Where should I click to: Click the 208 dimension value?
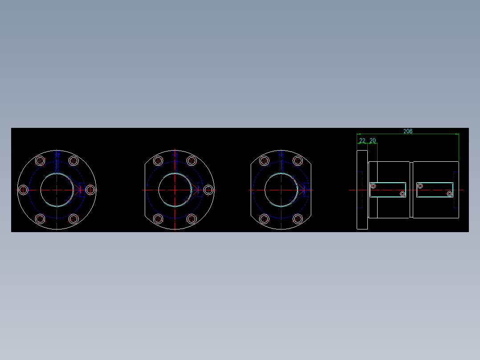pos(407,131)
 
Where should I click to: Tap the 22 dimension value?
pos(362,141)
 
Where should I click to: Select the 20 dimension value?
pos(373,141)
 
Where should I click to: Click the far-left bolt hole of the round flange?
pos(24,190)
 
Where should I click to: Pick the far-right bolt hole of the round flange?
pos(90,190)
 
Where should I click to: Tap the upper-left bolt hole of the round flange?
pos(40,161)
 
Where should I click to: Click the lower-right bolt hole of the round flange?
pos(74,219)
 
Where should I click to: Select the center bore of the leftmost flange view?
pos(57,190)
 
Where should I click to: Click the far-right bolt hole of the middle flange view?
pos(208,190)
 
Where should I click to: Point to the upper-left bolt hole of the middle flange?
pos(158,161)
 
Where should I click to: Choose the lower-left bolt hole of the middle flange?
pos(158,219)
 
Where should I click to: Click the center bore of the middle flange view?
pos(175,190)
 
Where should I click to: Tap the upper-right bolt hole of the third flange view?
pos(297,161)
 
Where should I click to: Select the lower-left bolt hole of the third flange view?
pos(264,219)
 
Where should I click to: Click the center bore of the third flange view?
pos(281,190)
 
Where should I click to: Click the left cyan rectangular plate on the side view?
pos(388,190)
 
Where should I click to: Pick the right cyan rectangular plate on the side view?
pos(435,190)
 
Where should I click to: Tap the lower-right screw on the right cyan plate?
pos(450,194)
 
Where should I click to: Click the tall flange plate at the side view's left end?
pos(362,190)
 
